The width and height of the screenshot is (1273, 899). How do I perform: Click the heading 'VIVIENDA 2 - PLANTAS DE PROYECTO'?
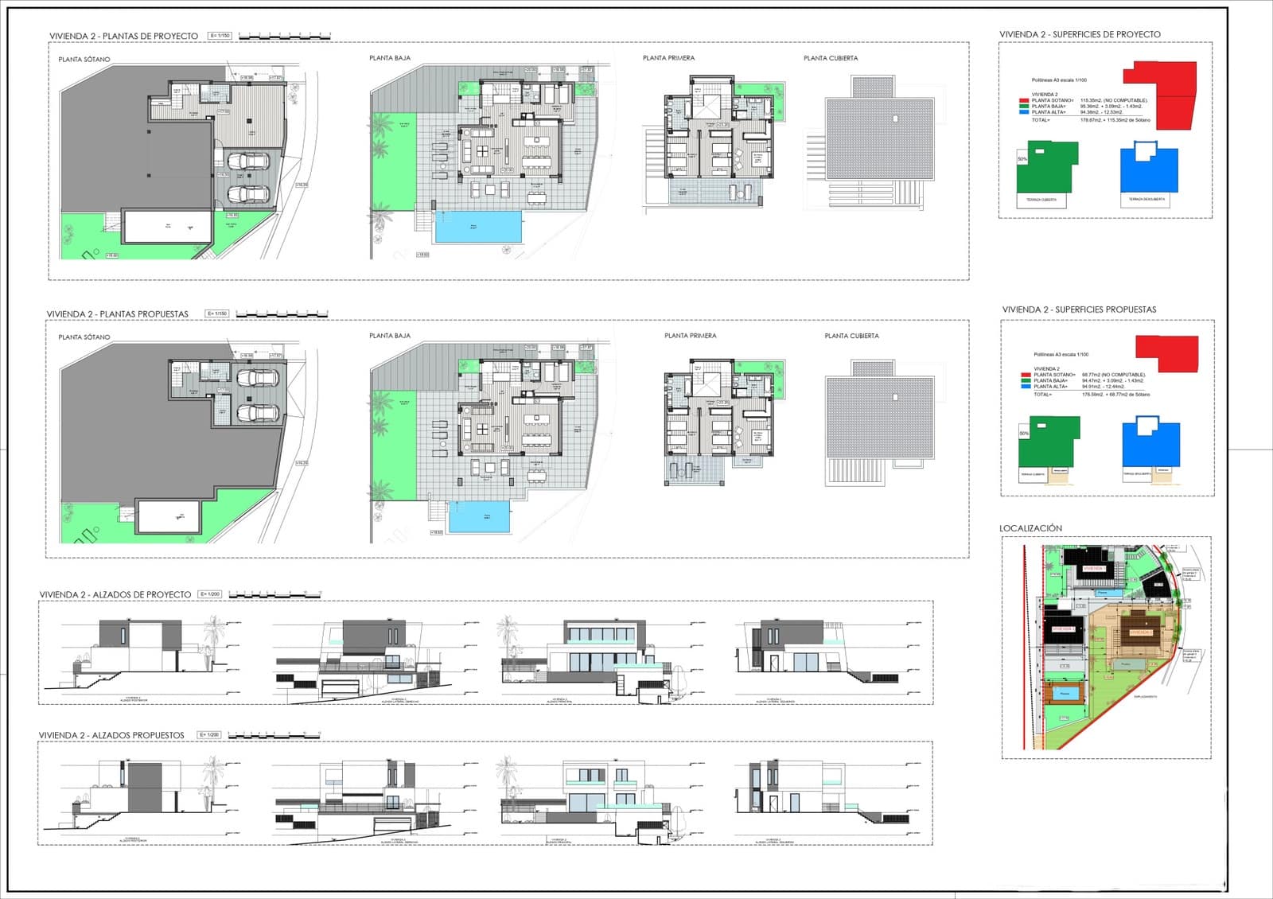click(x=123, y=36)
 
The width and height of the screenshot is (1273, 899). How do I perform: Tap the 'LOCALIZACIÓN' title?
click(x=1030, y=528)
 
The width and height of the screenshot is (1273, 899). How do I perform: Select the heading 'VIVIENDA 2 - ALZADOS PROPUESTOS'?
click(x=111, y=735)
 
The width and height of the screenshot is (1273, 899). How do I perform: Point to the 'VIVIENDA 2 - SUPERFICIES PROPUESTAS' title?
click(x=1079, y=309)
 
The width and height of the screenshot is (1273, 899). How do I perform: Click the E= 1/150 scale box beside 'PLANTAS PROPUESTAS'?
click(x=217, y=313)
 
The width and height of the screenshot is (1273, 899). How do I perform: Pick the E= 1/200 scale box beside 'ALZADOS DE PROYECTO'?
click(x=209, y=594)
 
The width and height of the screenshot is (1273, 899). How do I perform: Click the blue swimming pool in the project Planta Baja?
click(x=478, y=227)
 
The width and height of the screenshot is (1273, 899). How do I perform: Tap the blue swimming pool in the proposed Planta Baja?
click(x=480, y=517)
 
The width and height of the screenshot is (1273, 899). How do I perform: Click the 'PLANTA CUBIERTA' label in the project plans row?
click(x=831, y=58)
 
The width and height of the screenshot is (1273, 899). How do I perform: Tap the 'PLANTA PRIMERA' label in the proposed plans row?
click(x=690, y=336)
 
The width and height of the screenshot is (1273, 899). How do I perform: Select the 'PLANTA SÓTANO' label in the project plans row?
click(x=84, y=60)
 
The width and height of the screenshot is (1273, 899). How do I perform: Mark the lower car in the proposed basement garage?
click(x=257, y=414)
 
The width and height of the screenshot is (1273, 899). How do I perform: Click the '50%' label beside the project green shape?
click(x=1022, y=159)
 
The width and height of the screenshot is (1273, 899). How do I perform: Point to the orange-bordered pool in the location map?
click(x=1065, y=693)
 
